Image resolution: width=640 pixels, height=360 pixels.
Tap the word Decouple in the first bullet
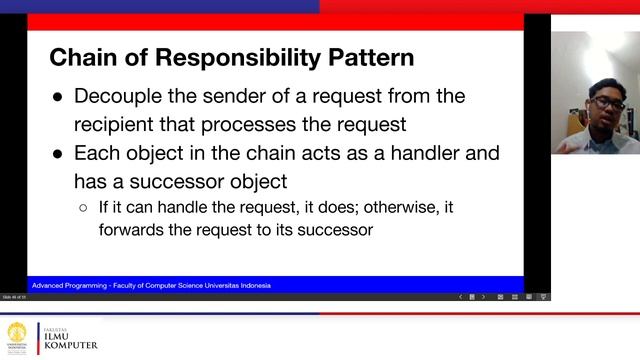point(123,97)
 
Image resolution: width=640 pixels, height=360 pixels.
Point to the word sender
point(254,97)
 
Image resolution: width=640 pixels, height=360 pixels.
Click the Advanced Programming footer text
point(150,285)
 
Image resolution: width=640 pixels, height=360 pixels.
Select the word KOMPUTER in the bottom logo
point(69,346)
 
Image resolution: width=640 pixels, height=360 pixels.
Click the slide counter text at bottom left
point(17,297)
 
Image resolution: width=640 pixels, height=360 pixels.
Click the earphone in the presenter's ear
point(589,111)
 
